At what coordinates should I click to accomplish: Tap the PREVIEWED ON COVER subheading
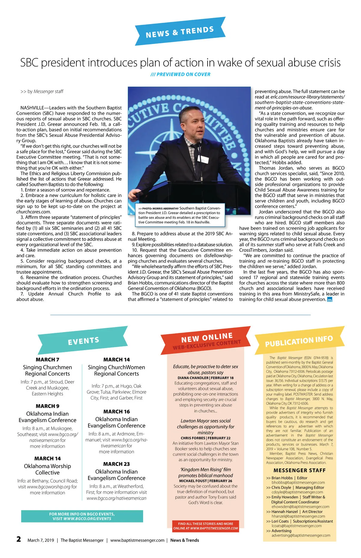pos(180,74)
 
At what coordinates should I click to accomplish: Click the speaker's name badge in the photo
pos(205,159)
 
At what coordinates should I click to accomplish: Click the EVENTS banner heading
pos(83,341)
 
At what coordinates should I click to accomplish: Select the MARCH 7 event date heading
pos(48,359)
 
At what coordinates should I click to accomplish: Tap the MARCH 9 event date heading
pos(48,406)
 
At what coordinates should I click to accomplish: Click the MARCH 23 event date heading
pos(116,464)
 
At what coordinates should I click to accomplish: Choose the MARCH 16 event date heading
pos(116,412)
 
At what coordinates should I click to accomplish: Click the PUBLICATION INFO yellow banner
pos(299,341)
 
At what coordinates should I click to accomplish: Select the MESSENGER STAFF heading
pos(299,470)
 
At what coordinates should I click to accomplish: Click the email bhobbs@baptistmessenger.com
pos(298,482)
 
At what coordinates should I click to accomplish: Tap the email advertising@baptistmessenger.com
pos(301,535)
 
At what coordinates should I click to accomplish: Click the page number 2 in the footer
pos(19,539)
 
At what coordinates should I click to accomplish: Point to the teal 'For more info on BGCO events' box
pos(82,516)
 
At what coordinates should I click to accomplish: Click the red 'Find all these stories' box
pos(205,526)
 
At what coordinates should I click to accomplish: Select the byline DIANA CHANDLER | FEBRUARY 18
pos(205,378)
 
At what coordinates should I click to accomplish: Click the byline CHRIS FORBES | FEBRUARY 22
pos(205,438)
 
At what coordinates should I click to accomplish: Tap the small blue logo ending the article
pos(330,300)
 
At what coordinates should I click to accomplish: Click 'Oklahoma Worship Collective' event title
pos(48,469)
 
